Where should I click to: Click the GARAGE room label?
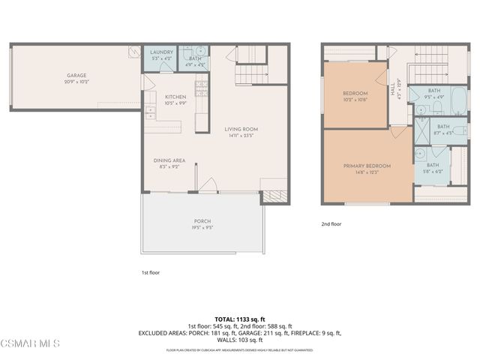pyautogui.click(x=76, y=75)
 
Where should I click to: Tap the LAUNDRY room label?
pyautogui.click(x=161, y=52)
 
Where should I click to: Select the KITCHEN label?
pyautogui.click(x=175, y=97)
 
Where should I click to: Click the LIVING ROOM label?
pyautogui.click(x=241, y=129)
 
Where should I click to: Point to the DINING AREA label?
pyautogui.click(x=169, y=160)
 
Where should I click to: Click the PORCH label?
pyautogui.click(x=202, y=222)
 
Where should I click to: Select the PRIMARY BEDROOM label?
pyautogui.click(x=367, y=166)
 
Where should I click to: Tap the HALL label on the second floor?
pyautogui.click(x=391, y=88)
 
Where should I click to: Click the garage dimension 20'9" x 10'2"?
pyautogui.click(x=76, y=81)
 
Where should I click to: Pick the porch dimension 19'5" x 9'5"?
pyautogui.click(x=202, y=228)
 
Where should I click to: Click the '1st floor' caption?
pyautogui.click(x=151, y=273)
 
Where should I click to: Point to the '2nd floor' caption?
pyautogui.click(x=331, y=224)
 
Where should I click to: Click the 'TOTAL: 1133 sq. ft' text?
pyautogui.click(x=241, y=318)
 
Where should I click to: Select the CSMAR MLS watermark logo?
pyautogui.click(x=30, y=343)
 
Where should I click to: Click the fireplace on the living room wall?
pyautogui.click(x=270, y=197)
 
